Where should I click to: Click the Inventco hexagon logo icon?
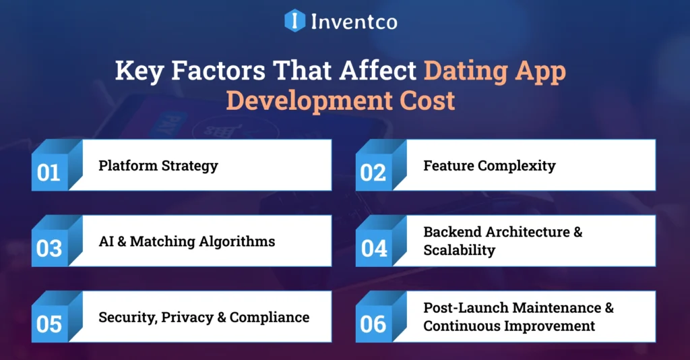[x=295, y=21]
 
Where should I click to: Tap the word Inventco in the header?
[x=354, y=22]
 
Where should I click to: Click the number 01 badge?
[x=49, y=173]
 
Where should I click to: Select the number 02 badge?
[x=373, y=173]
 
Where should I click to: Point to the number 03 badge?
[x=49, y=249]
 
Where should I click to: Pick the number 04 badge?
[x=374, y=249]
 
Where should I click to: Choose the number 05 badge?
[x=49, y=324]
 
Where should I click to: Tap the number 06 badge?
[x=373, y=324]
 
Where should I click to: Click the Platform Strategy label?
[x=158, y=165]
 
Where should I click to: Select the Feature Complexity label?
[x=489, y=165]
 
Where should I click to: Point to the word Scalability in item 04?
[x=459, y=250]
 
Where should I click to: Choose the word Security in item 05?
[x=127, y=317]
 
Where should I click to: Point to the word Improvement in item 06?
[x=553, y=326]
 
